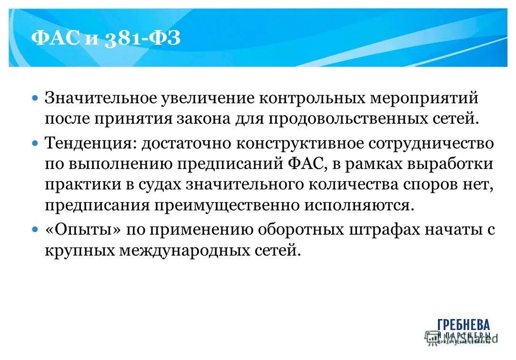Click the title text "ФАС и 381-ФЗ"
(106, 38)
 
